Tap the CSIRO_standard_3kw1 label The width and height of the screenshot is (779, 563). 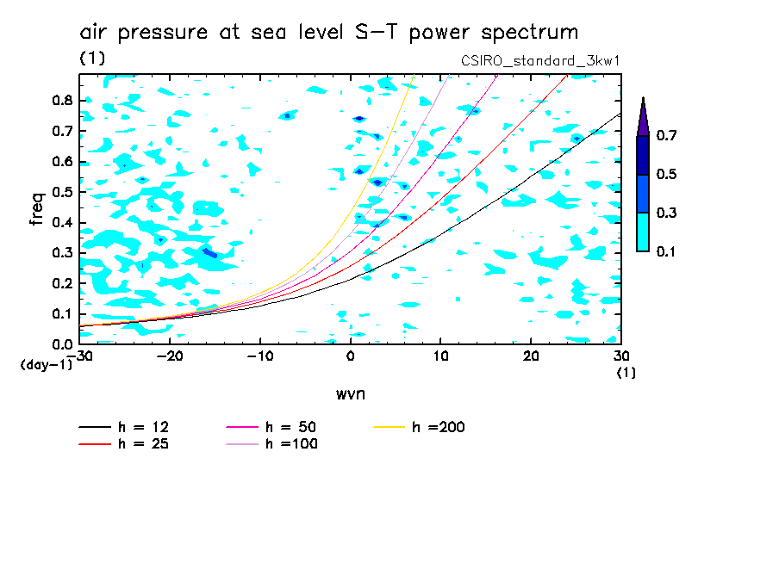[541, 61]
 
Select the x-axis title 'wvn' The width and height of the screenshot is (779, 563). [349, 393]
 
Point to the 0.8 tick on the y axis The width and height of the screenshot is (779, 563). [61, 101]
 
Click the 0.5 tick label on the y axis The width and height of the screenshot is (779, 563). [61, 192]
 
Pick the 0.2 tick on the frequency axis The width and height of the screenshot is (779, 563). [61, 283]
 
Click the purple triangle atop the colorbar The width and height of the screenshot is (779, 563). [643, 116]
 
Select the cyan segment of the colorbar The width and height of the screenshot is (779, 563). [643, 232]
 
